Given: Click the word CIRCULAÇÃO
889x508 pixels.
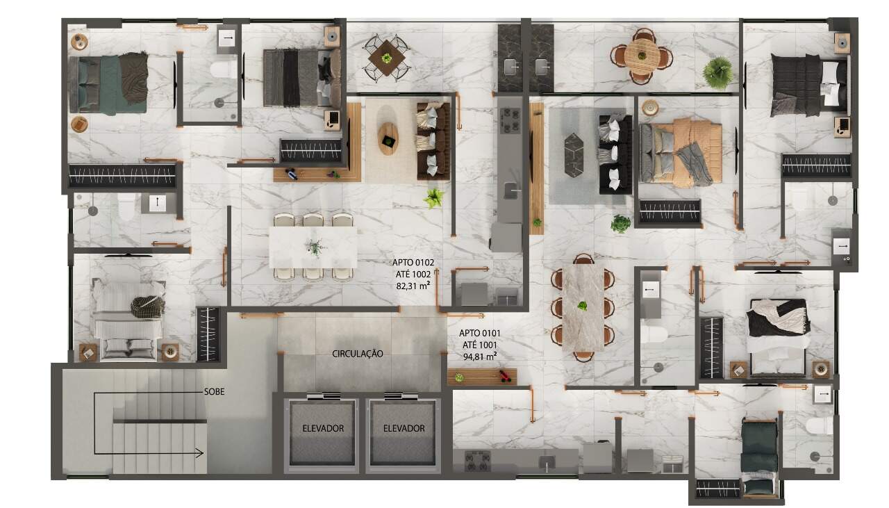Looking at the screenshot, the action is [x=358, y=354].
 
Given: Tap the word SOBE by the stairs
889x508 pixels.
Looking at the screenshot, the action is [x=215, y=392].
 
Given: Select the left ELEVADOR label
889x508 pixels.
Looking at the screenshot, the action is [x=323, y=428].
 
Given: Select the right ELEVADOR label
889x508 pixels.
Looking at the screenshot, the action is [x=404, y=428].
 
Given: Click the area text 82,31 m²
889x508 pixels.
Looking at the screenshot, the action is [x=413, y=285].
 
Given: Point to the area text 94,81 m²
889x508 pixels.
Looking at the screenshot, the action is [x=480, y=357].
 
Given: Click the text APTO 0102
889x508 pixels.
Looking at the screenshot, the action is [x=413, y=262].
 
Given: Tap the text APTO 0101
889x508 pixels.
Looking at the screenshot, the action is [x=480, y=333].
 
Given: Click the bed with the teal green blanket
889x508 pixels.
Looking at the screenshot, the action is [x=108, y=84].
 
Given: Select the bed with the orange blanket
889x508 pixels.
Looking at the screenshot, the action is [x=680, y=152].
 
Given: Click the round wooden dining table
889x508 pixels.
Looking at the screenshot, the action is [x=642, y=56].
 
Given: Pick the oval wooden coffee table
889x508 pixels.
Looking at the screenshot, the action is [x=388, y=138].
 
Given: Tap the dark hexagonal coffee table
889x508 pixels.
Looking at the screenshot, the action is [x=574, y=155].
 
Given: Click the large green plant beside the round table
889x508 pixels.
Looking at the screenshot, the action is [x=717, y=73].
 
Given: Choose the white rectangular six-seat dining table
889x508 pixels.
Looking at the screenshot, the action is [x=313, y=247].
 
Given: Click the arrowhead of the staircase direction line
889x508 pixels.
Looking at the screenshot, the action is [x=201, y=453].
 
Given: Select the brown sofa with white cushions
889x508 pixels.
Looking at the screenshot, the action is [x=433, y=141].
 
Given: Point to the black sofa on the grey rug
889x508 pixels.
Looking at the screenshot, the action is [x=615, y=154].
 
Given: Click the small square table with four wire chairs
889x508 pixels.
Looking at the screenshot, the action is [x=386, y=58].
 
